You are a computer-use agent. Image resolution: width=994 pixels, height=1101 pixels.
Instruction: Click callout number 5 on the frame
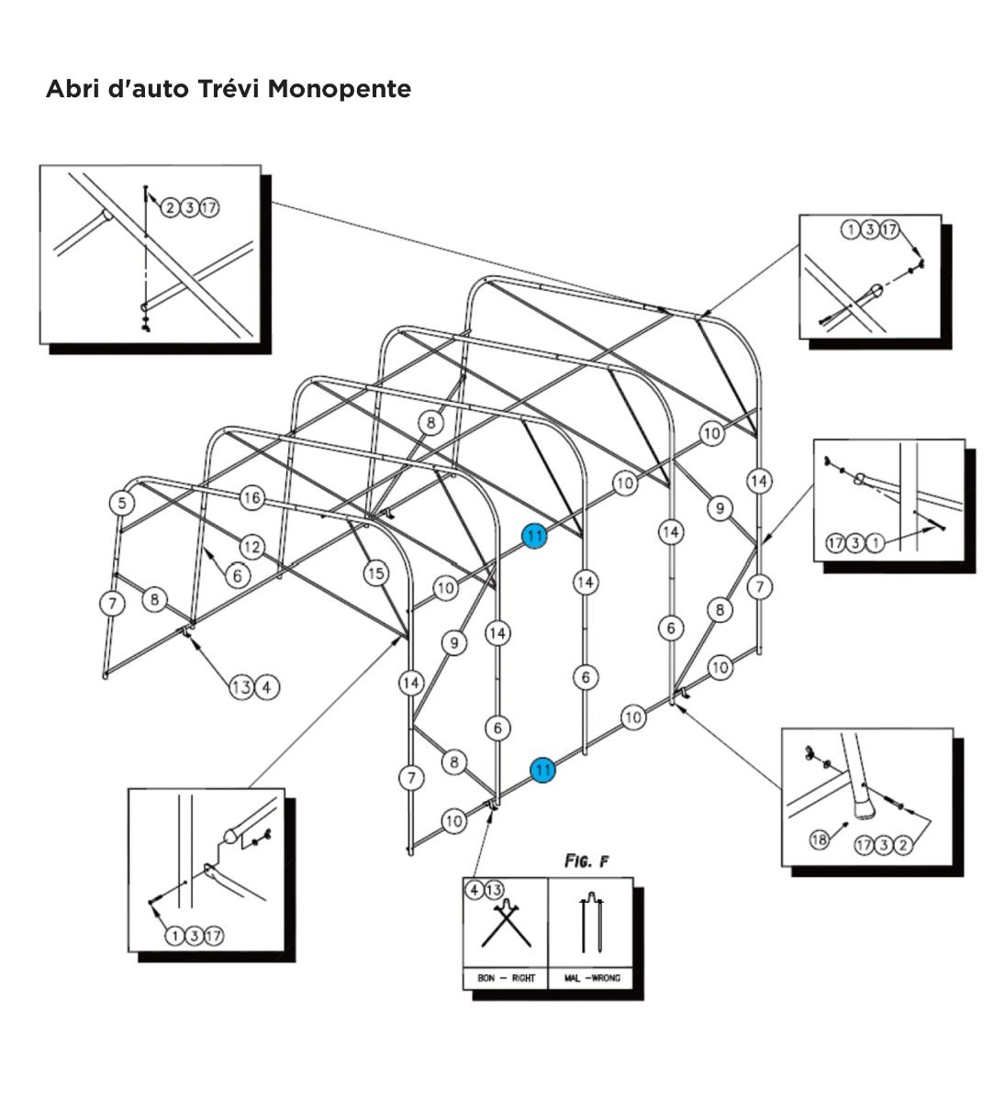121,503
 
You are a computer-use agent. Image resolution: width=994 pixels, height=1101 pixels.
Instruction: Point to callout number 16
252,498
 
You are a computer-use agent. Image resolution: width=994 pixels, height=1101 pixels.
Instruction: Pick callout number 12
252,547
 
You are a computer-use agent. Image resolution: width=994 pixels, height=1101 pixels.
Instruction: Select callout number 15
376,573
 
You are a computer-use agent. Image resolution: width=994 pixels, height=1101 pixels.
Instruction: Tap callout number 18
821,839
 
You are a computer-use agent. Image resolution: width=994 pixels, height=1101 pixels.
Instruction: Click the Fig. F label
587,862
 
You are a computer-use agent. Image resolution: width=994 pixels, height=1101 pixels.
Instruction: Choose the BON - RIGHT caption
506,978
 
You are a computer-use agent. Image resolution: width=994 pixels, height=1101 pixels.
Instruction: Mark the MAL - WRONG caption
591,978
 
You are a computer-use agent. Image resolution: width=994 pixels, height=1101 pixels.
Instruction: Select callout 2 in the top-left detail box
170,208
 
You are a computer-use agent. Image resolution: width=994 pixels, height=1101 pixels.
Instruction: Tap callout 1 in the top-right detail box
851,229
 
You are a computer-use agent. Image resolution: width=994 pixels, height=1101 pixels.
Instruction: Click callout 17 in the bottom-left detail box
214,936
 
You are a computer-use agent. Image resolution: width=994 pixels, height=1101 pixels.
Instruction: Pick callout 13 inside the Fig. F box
494,890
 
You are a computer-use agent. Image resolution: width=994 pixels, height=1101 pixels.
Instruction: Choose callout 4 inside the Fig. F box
475,890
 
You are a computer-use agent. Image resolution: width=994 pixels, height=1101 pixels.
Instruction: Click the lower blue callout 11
543,769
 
